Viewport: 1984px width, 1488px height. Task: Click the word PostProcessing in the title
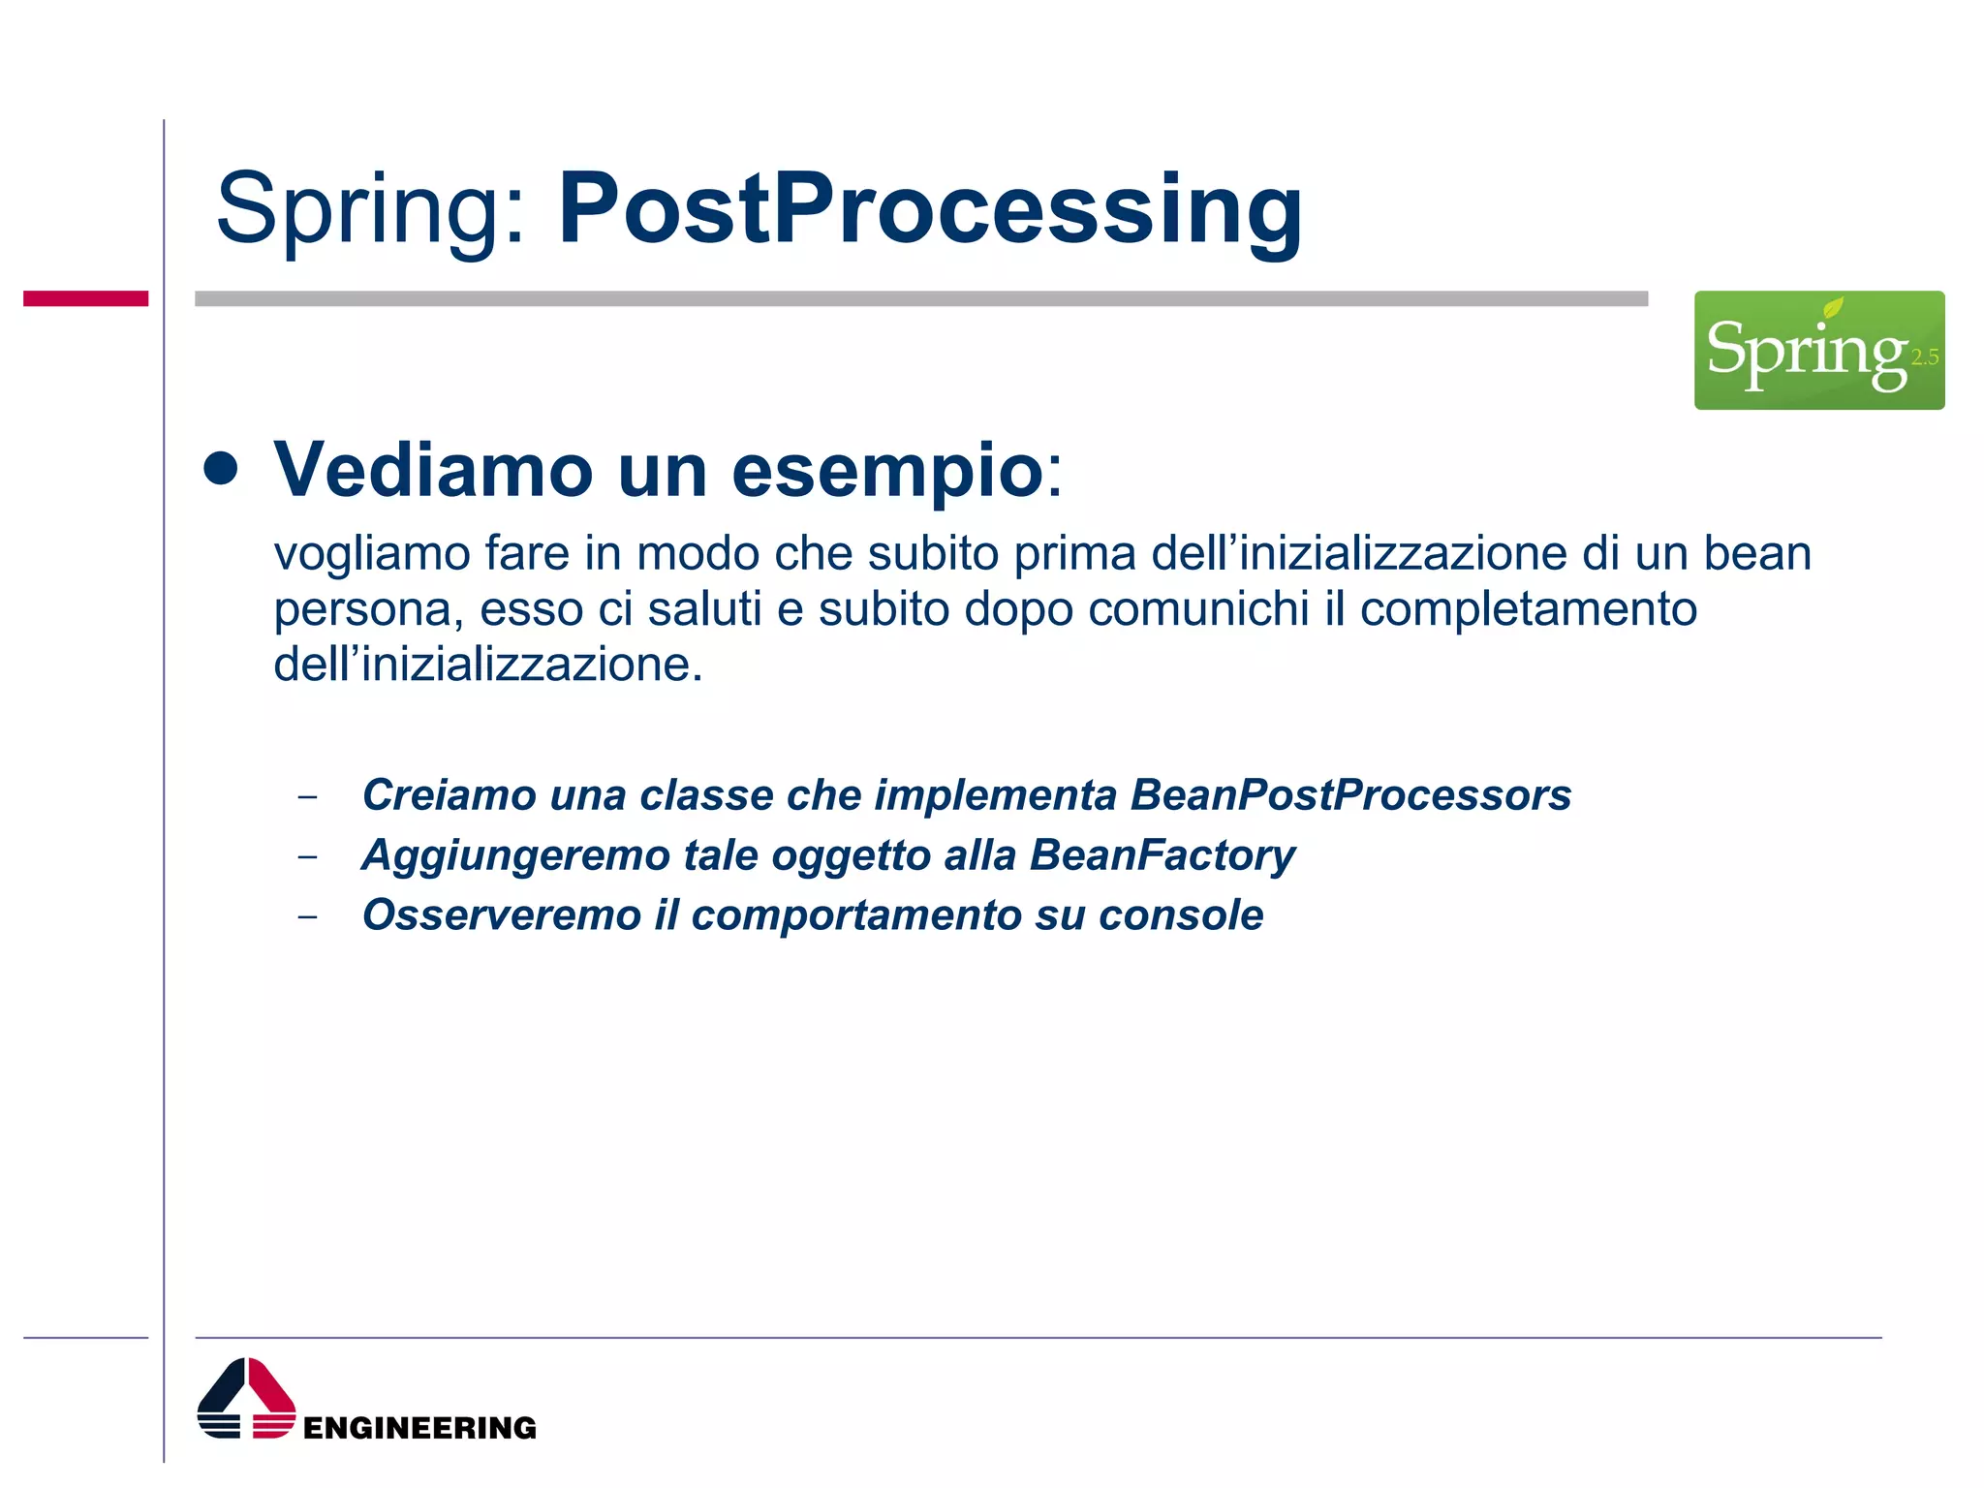coord(930,209)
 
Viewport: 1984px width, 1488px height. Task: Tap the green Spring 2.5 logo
coord(1818,350)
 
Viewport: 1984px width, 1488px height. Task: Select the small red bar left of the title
coord(85,298)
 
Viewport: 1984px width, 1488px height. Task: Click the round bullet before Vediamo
coord(221,469)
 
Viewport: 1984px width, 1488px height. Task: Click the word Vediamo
coord(433,471)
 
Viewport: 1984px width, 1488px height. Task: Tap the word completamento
coord(1528,609)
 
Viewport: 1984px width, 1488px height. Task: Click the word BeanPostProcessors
coord(1350,795)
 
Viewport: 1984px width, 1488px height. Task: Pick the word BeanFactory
coord(1162,855)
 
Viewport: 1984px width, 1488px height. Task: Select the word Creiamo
coord(449,795)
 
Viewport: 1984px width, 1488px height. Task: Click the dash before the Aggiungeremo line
coord(308,856)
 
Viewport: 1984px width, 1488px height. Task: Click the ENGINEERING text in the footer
coord(419,1428)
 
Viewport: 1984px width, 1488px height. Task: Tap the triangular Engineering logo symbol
coord(246,1398)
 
